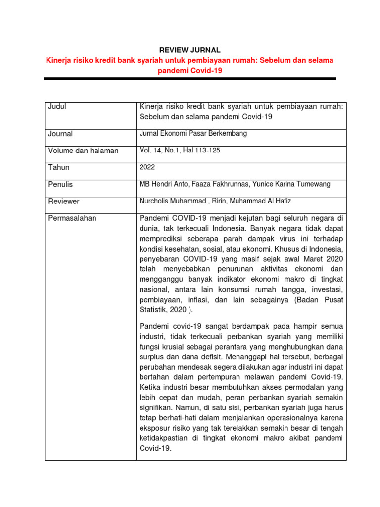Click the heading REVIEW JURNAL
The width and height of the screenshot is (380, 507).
[190, 50]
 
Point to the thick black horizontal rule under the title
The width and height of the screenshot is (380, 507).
[190, 79]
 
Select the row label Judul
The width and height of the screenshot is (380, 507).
[57, 106]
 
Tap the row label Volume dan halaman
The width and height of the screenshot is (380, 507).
[83, 151]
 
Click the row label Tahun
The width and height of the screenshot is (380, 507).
[59, 167]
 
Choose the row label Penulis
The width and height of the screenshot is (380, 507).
[60, 184]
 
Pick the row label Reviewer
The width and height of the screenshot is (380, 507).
[64, 202]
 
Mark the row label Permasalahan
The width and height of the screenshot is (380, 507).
[72, 218]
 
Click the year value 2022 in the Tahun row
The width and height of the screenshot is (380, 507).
[148, 167]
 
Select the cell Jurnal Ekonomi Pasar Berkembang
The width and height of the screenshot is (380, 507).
[193, 134]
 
